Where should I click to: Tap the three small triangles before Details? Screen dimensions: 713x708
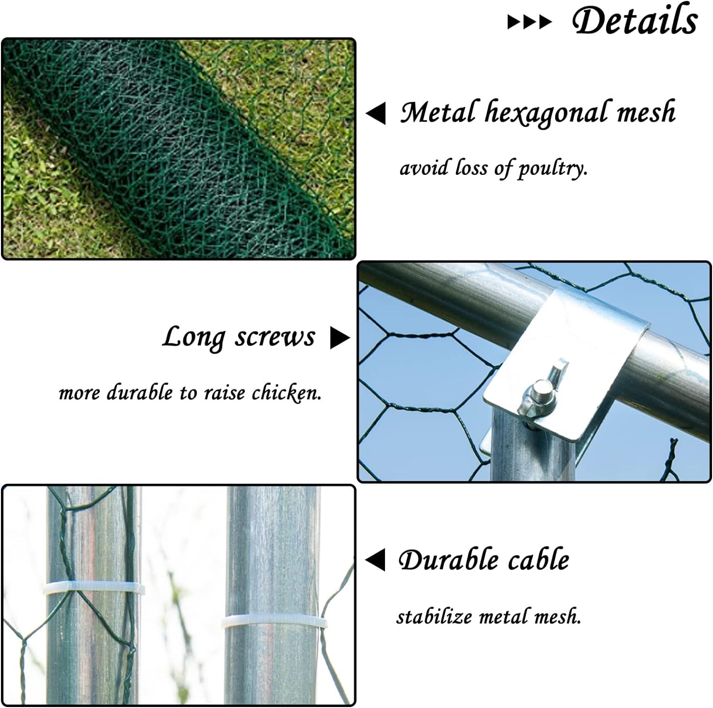pyautogui.click(x=530, y=22)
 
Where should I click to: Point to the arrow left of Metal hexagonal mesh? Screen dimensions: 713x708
pyautogui.click(x=376, y=114)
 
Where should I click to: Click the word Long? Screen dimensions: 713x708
pyautogui.click(x=193, y=338)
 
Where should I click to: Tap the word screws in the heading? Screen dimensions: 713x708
pyautogui.click(x=275, y=337)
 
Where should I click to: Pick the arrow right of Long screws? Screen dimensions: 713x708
pyautogui.click(x=340, y=337)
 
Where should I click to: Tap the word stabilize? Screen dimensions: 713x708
pyautogui.click(x=434, y=617)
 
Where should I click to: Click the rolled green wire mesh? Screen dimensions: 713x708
pyautogui.click(x=176, y=147)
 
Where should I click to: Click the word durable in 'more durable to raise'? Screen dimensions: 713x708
pyautogui.click(x=140, y=393)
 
